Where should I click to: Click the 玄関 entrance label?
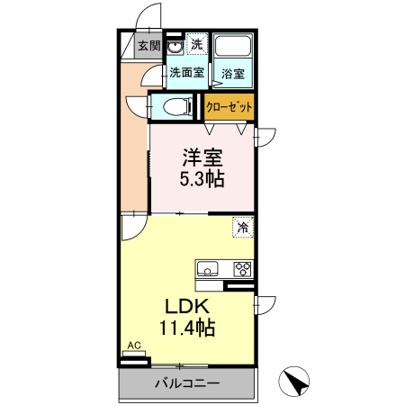[149, 46]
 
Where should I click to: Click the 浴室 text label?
[233, 74]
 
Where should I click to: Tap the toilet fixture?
[178, 107]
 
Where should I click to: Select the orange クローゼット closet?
[229, 106]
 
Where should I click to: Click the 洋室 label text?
[201, 155]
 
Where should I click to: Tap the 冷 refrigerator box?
[242, 228]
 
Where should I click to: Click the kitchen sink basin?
[205, 268]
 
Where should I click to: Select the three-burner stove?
[242, 267]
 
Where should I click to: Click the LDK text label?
[187, 304]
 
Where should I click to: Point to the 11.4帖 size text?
[187, 327]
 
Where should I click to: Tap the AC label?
[133, 346]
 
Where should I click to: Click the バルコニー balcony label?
[187, 382]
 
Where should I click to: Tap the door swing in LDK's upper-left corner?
[131, 227]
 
